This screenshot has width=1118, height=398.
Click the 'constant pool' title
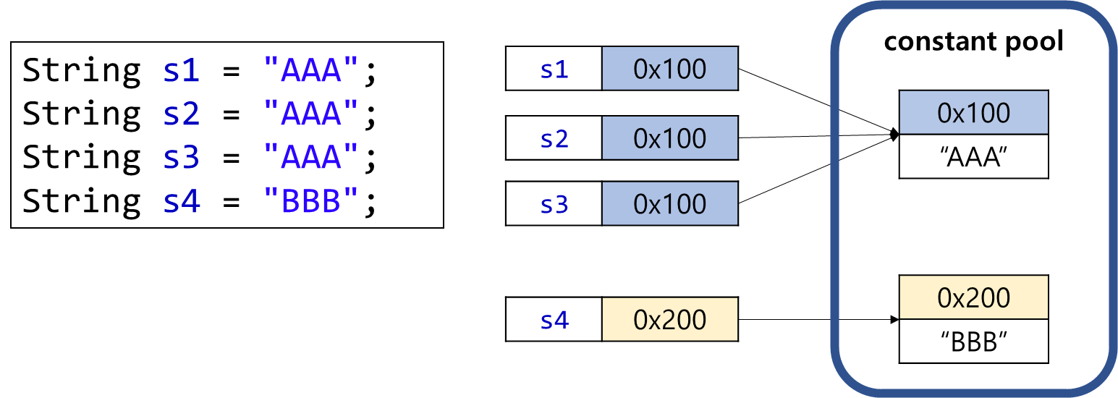973,42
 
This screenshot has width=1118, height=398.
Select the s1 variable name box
554,69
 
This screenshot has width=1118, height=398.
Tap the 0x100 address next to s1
670,69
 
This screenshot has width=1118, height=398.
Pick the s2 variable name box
554,137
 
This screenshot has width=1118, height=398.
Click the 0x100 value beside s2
670,137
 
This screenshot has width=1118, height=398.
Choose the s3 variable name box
554,203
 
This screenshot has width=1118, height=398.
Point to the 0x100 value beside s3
670,203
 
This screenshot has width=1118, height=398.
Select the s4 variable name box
554,319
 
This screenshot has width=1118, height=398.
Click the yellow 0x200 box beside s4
670,319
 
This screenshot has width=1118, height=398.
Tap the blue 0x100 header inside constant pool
973,112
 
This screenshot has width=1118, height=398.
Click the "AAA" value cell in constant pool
973,156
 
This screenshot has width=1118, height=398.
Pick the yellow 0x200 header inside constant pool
973,297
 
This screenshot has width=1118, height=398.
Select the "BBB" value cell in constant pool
973,341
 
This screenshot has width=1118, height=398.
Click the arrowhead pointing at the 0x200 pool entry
894,319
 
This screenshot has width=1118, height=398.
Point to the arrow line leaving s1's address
818,101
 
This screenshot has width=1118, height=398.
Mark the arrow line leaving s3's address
818,169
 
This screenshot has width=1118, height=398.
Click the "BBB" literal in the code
310,200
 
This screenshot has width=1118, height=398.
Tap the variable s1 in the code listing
181,70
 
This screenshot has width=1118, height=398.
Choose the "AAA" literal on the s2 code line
310,113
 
